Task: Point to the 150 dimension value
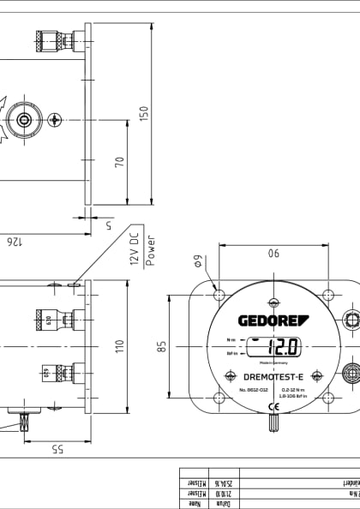pyautogui.click(x=144, y=114)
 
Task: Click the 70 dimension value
pyautogui.click(x=120, y=161)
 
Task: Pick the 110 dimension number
pyautogui.click(x=120, y=346)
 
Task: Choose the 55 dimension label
pyautogui.click(x=57, y=449)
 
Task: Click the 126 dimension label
pyautogui.click(x=13, y=243)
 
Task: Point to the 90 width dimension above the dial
pyautogui.click(x=273, y=253)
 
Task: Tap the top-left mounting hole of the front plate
pyautogui.click(x=219, y=296)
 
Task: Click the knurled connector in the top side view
pyautogui.click(x=49, y=39)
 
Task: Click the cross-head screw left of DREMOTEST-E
pyautogui.click(x=230, y=376)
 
